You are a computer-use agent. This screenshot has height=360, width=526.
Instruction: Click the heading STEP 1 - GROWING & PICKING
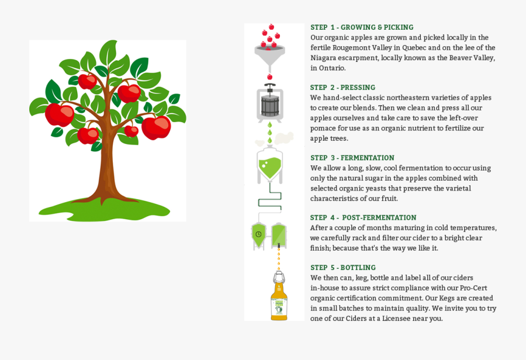tap(362, 27)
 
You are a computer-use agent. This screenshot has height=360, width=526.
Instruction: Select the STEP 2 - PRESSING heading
tap(342, 88)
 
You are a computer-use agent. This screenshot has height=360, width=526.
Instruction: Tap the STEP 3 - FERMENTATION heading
tap(352, 158)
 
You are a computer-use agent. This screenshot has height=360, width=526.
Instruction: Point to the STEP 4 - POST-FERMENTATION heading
tap(363, 218)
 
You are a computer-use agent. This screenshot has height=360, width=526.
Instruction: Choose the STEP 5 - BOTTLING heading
tap(343, 268)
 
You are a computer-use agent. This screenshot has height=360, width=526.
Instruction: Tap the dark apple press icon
tap(270, 103)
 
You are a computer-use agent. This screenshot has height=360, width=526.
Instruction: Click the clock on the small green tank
tap(258, 234)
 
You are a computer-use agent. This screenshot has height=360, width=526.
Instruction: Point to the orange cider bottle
tap(279, 298)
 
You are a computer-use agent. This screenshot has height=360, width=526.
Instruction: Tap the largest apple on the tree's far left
tap(59, 114)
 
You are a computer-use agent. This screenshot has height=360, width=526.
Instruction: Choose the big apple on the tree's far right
tap(156, 127)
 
